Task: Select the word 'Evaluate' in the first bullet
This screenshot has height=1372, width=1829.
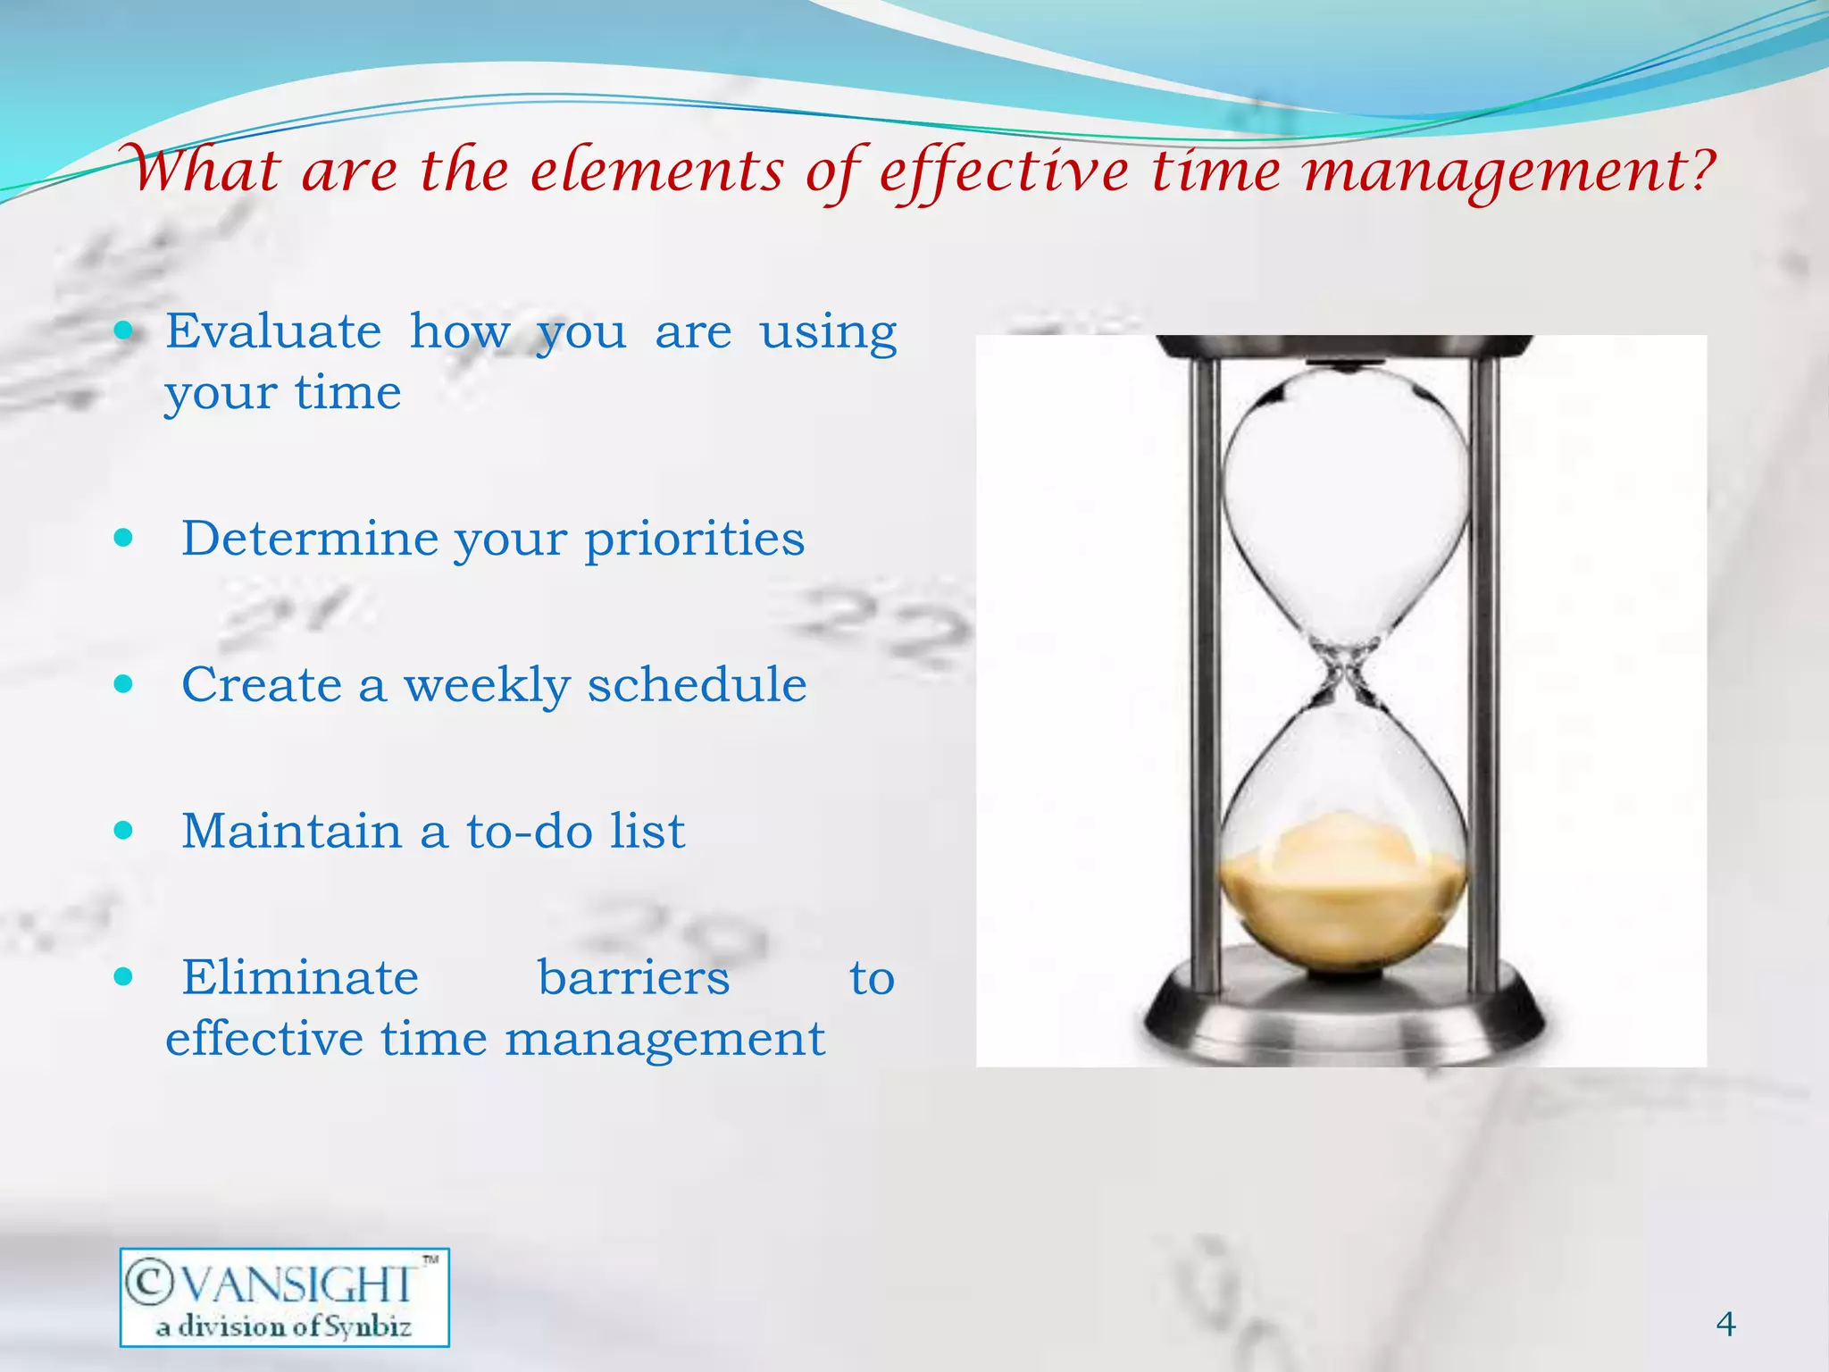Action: (273, 331)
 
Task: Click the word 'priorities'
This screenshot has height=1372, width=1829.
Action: (694, 540)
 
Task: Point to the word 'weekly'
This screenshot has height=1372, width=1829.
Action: (487, 686)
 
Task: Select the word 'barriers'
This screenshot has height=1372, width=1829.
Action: (633, 978)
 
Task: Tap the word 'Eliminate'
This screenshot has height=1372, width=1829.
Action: (300, 978)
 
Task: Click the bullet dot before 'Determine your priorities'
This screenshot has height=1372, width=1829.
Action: (124, 539)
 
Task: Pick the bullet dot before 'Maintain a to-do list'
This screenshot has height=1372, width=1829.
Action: (124, 831)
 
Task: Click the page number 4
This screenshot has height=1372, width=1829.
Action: (1725, 1324)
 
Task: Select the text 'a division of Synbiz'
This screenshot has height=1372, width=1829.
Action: (283, 1326)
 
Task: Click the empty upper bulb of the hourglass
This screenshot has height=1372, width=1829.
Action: (1344, 500)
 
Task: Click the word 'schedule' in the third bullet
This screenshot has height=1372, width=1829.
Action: (697, 686)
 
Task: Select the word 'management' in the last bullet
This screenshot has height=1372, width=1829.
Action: (664, 1040)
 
